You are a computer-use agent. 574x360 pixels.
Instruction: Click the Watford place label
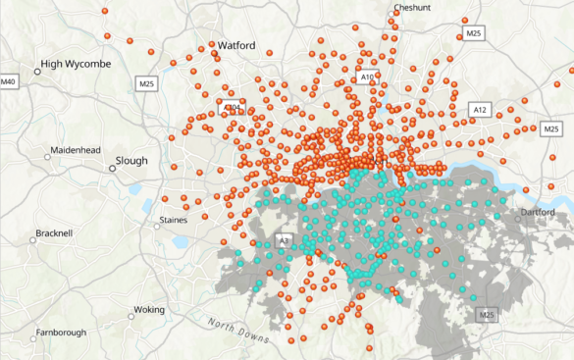coord(235,45)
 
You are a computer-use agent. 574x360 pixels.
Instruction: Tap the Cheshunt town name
coord(412,7)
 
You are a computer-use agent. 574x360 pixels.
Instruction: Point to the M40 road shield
coord(9,79)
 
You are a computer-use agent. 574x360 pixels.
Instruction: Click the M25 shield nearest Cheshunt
coord(474,33)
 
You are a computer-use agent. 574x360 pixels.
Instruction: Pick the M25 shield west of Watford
coord(148,83)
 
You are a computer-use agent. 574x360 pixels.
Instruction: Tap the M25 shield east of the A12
coord(550,129)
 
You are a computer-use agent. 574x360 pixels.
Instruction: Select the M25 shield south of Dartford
coord(486,315)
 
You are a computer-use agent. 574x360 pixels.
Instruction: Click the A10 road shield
coord(367,77)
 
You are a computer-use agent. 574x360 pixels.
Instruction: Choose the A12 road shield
coord(479,109)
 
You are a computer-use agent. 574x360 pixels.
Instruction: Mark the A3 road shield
coord(285,239)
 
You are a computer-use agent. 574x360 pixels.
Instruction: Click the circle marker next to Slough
coord(113,168)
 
